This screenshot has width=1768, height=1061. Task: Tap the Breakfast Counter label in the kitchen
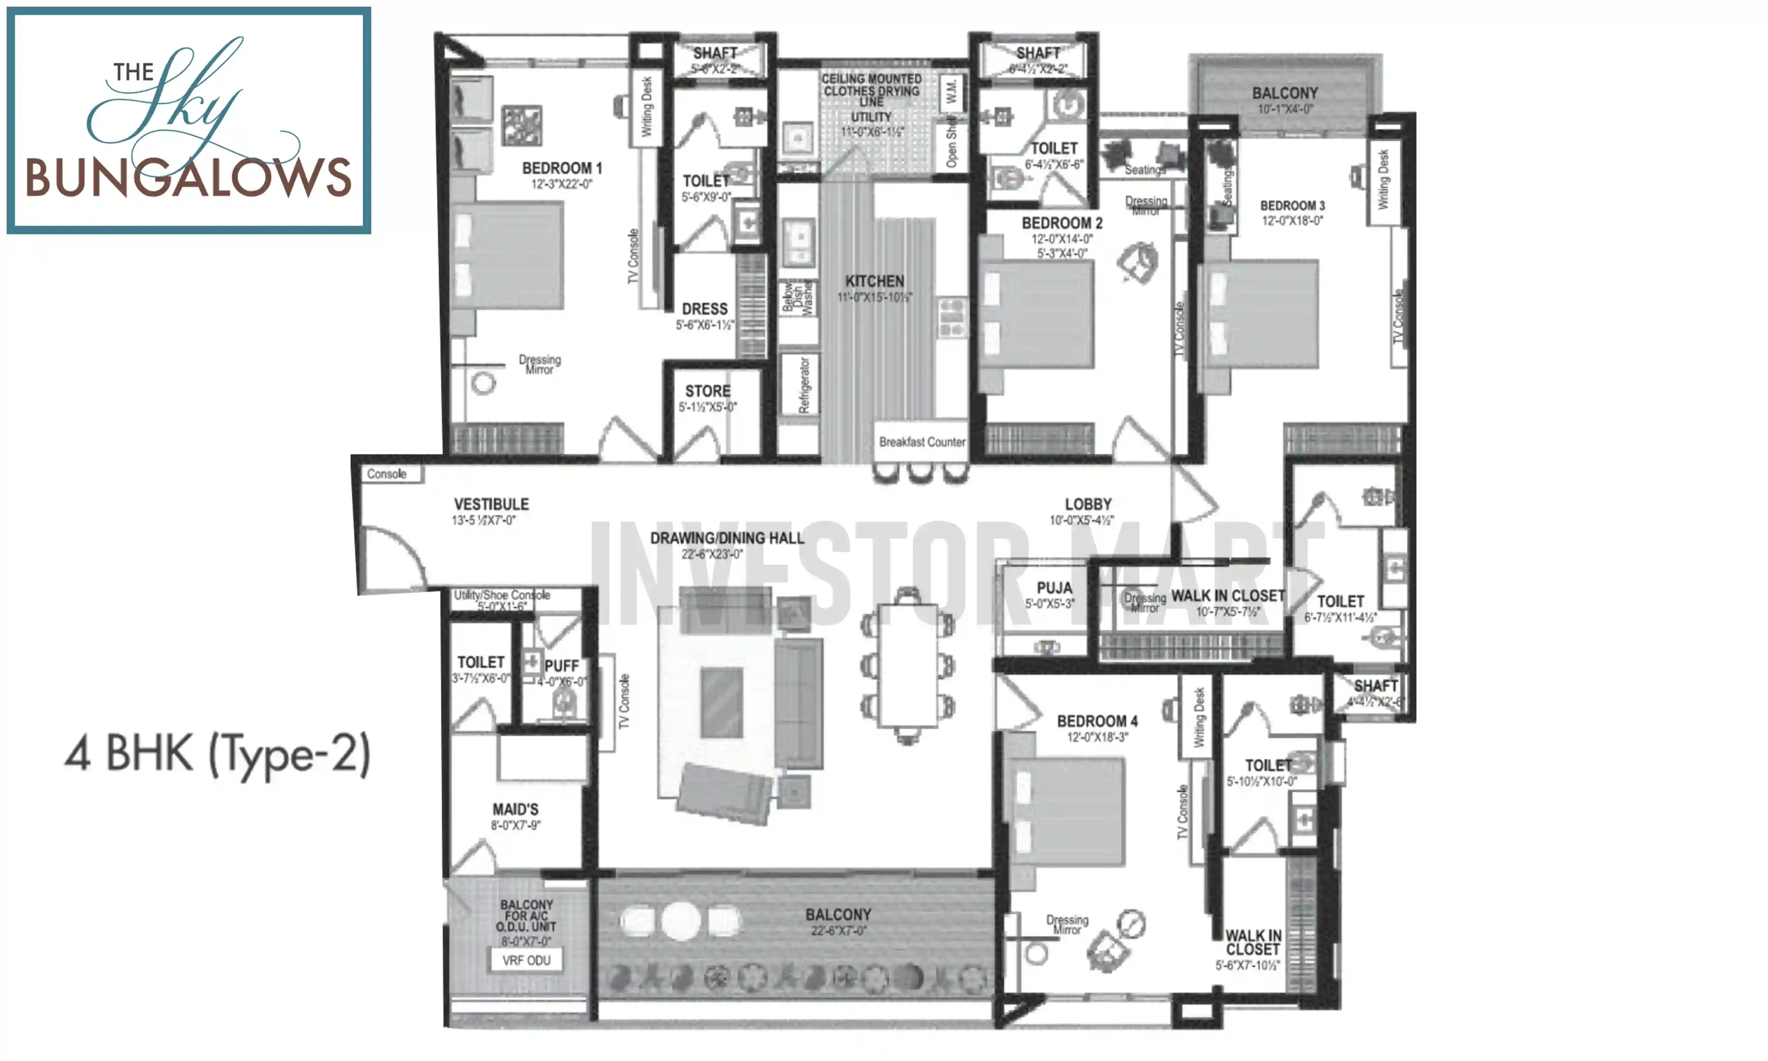tap(921, 442)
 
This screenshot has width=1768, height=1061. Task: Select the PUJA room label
tap(1054, 588)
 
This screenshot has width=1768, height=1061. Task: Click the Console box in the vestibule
tap(387, 474)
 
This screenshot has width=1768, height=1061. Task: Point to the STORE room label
tap(708, 391)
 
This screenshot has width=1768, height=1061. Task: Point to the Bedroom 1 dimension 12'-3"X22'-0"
tap(562, 184)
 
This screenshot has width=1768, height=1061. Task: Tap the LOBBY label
tap(1088, 504)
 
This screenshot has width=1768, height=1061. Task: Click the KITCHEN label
tap(875, 281)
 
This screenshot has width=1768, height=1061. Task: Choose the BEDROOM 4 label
tap(1097, 721)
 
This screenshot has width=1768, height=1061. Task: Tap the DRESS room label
tap(705, 309)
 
